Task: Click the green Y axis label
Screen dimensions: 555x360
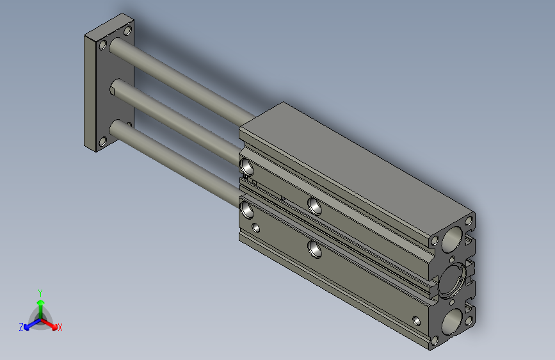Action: coord(40,293)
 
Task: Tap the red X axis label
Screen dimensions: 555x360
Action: coord(60,327)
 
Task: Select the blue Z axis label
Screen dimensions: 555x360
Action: coord(21,327)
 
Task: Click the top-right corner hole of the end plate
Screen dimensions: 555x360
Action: coord(127,31)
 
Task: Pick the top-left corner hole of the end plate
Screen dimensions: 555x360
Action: coord(102,45)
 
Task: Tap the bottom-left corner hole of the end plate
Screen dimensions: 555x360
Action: coord(102,142)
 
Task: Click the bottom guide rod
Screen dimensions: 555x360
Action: coord(173,163)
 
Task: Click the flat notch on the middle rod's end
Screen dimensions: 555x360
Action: coord(113,91)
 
